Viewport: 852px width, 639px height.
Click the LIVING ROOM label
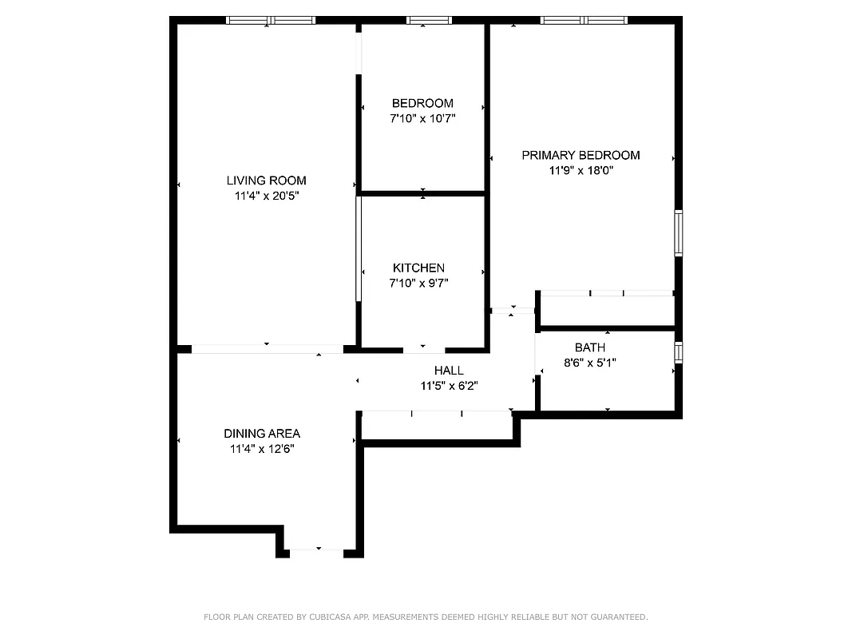(266, 181)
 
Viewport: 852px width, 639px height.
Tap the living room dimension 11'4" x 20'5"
(266, 195)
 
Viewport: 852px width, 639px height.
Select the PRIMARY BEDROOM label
(581, 155)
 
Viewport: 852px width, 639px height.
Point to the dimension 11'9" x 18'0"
(581, 169)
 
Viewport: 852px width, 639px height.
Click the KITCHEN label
(418, 268)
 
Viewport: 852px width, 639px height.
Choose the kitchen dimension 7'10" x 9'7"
(418, 282)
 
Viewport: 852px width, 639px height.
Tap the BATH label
(590, 347)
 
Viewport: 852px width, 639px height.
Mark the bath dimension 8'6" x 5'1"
(590, 362)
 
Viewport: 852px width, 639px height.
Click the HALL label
(449, 371)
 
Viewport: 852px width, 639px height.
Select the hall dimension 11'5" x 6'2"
(449, 385)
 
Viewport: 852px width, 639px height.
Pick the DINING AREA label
(262, 434)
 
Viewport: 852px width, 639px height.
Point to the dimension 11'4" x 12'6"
(262, 449)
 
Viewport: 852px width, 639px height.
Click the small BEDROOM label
(422, 103)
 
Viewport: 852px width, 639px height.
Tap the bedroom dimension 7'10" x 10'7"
(422, 118)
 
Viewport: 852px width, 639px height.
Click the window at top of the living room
(271, 20)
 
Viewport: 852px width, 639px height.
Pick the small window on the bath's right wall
(678, 352)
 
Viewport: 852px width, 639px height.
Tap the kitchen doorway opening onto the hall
(424, 349)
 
